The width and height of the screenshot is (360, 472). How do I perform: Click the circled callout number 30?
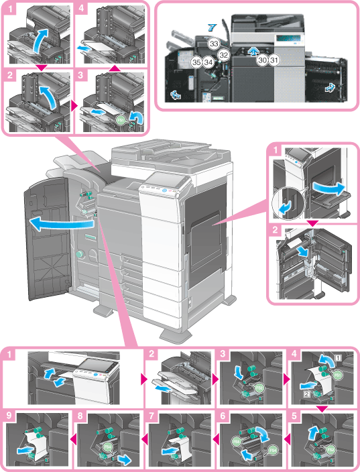pos(262,60)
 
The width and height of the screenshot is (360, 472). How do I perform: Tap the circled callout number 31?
pos(274,60)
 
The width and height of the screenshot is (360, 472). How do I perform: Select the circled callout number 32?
pos(224,54)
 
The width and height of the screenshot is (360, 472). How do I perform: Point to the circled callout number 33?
pos(214,44)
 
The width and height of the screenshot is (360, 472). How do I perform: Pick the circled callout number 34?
pos(208,62)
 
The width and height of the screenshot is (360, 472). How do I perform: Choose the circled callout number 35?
pos(196,62)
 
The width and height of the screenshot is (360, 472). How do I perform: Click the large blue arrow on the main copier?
pos(57,223)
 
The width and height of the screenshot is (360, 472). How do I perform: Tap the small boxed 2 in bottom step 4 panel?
pos(306,394)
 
